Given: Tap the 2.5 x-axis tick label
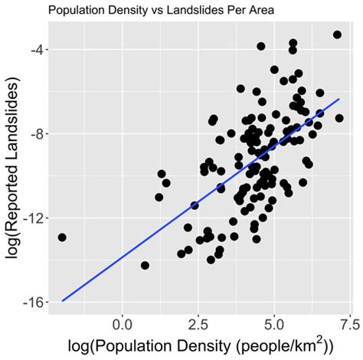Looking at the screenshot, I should tap(198, 318).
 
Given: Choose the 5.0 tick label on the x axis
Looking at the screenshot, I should tap(274, 318).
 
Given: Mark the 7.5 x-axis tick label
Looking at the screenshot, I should tap(349, 318).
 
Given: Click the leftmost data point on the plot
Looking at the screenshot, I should tap(62, 237).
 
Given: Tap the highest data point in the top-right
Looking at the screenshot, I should tap(337, 34).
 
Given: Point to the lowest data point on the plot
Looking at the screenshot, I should tap(145, 266).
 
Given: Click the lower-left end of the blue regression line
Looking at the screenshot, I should tap(62, 301).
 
